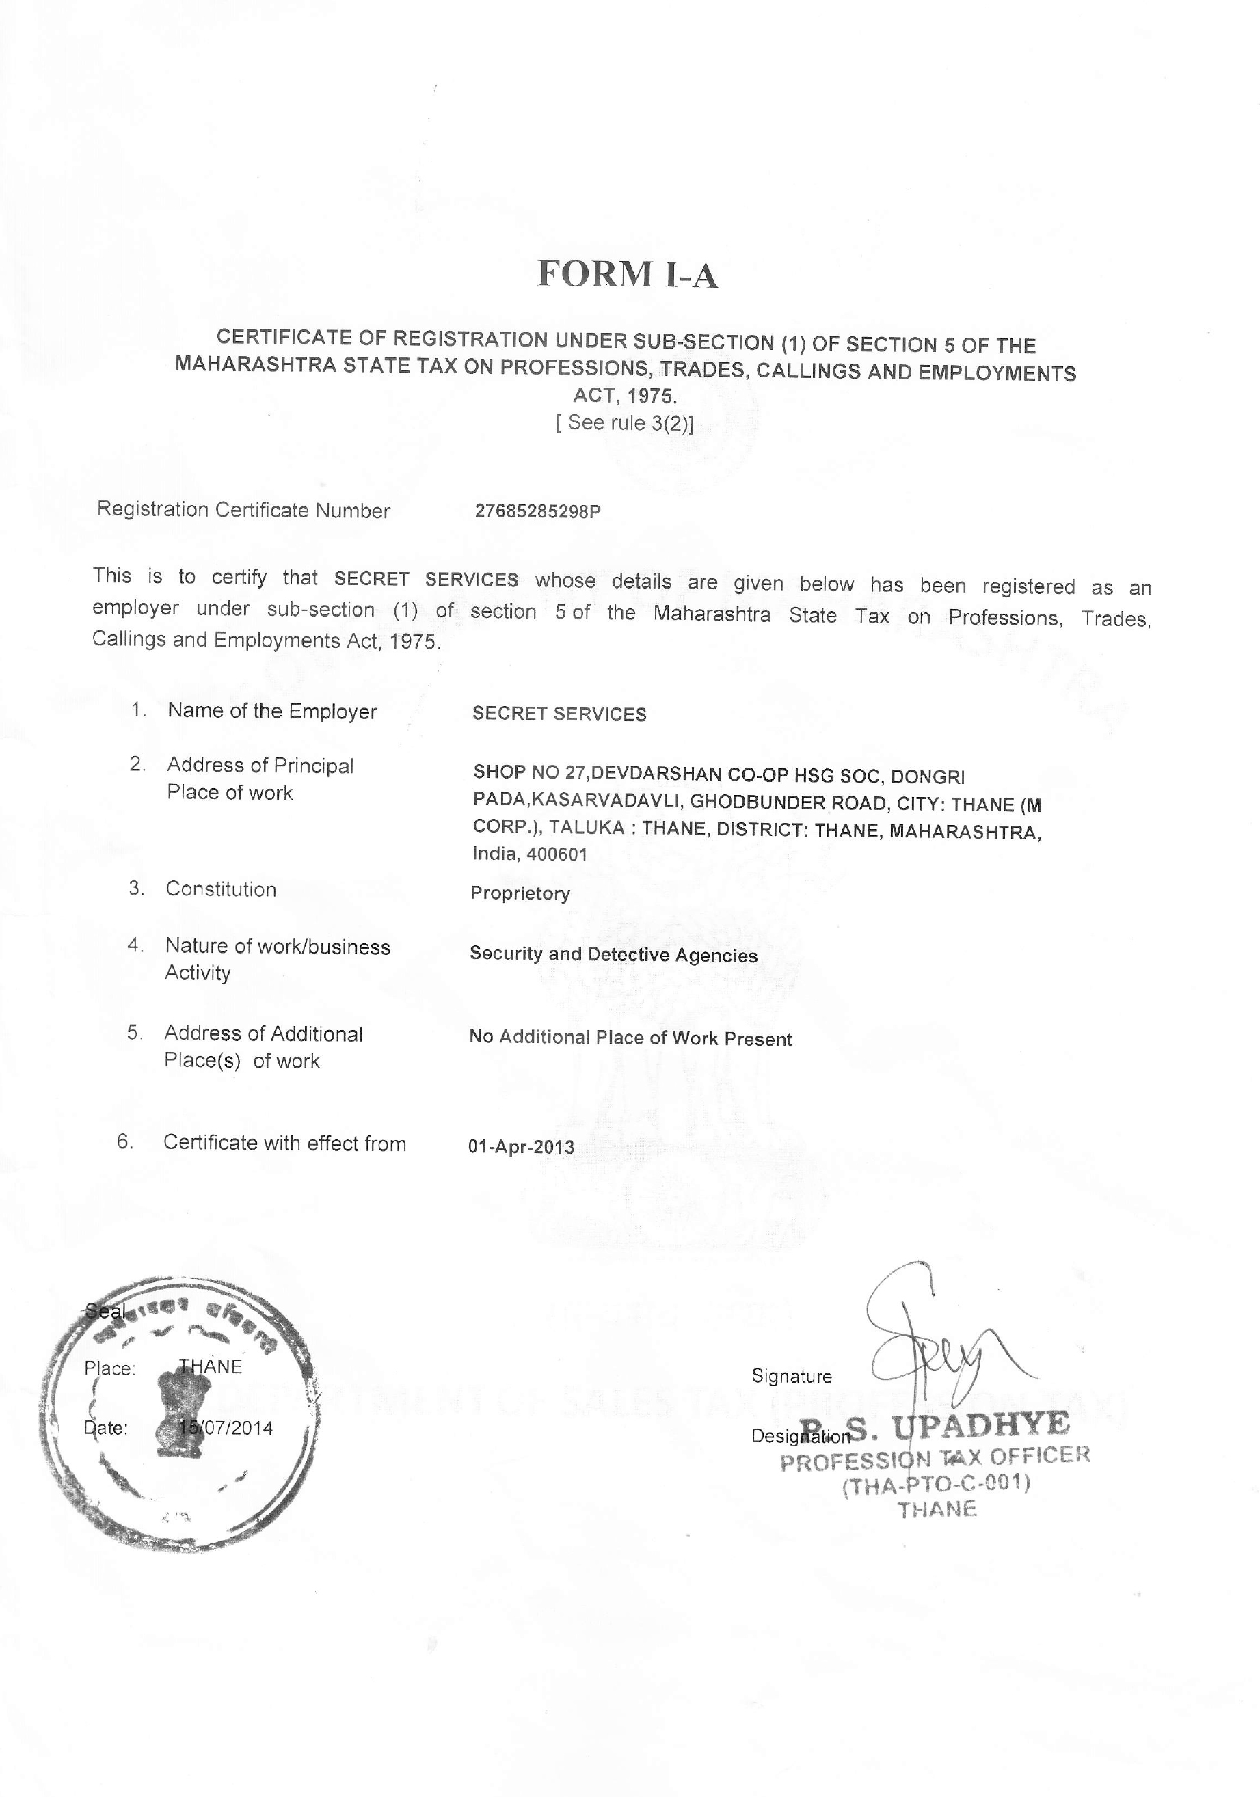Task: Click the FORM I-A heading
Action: (x=628, y=275)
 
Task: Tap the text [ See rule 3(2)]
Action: (x=624, y=422)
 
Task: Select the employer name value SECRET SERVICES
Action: (x=559, y=714)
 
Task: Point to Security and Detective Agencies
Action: (x=613, y=955)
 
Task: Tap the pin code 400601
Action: (x=557, y=854)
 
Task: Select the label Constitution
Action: (x=221, y=889)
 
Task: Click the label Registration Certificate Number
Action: (x=243, y=511)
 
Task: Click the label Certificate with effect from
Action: (x=284, y=1144)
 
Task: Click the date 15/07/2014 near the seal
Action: (x=226, y=1428)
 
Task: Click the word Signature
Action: (x=791, y=1377)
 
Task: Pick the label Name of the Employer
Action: (x=271, y=711)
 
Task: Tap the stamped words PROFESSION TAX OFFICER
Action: (x=935, y=1457)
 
